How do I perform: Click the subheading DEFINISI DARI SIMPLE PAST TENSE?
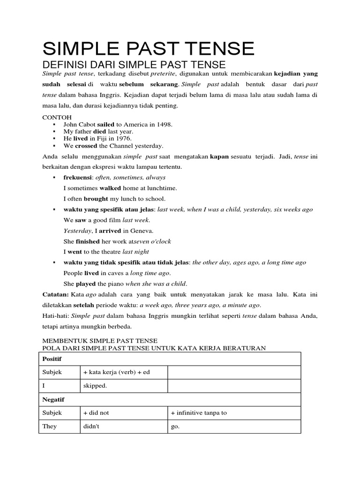tap(134, 65)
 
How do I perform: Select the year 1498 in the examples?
tap(164, 124)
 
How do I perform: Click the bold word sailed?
tap(105, 124)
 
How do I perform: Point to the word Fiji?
tap(103, 139)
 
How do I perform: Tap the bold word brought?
tap(96, 199)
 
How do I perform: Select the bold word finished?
tap(88, 241)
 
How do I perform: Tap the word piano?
tap(113, 284)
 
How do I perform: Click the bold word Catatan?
tap(56, 295)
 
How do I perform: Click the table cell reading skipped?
tap(95, 386)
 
